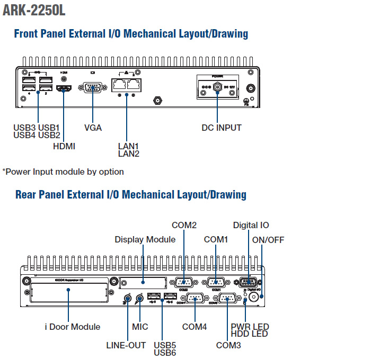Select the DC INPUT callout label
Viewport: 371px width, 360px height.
(222, 128)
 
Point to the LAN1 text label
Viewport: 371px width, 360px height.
(128, 146)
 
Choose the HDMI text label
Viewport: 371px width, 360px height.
(64, 146)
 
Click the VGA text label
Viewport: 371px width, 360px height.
(93, 128)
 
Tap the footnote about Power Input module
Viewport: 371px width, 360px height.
(63, 172)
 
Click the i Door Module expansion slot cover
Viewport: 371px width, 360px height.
(69, 292)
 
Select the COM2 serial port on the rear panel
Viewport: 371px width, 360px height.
(183, 282)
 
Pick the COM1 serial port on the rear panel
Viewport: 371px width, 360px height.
(216, 282)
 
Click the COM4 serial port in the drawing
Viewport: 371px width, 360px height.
(195, 299)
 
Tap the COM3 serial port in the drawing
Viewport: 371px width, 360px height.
(228, 299)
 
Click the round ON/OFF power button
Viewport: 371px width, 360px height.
(255, 298)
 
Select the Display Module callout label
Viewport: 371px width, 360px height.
(145, 239)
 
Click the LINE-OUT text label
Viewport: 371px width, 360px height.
(126, 345)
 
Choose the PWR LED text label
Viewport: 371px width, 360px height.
(250, 326)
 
